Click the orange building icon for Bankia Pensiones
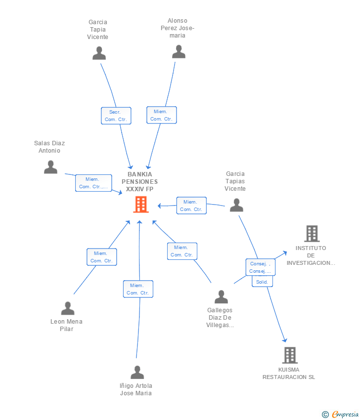coord(141,205)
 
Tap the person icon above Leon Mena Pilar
coord(68,308)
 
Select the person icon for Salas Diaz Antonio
coord(50,167)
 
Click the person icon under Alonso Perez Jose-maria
coord(179,51)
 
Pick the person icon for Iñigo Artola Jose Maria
coord(137,372)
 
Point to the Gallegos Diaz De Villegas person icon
coord(221,296)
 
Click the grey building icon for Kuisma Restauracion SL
coord(290,355)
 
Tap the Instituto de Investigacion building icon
coord(312,234)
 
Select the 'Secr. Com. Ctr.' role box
coord(116,116)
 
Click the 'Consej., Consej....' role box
coord(261,267)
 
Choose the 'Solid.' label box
coord(262,282)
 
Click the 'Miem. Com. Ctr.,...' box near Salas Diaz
coord(93,183)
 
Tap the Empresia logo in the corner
coord(340,415)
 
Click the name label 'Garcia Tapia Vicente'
coord(97,30)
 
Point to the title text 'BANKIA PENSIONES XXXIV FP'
coord(139,182)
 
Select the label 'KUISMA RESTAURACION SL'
coord(289,374)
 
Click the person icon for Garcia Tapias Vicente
coord(236,205)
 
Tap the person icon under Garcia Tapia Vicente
coord(99,53)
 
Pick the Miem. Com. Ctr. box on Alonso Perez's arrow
coord(162,115)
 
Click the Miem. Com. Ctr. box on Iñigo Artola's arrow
coord(138,289)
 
